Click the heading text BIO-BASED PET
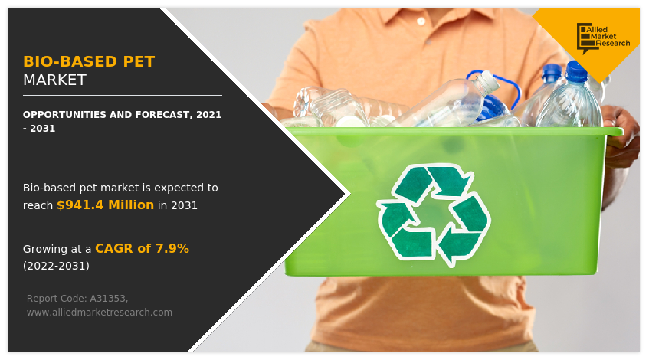pos(89,61)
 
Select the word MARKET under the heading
pos(54,80)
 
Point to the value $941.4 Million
pos(105,205)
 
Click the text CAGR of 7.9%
pos(142,248)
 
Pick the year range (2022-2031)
pos(56,266)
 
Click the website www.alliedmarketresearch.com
pos(100,313)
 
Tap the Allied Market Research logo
pos(602,38)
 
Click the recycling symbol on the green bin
pos(434,214)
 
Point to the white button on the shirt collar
pos(421,21)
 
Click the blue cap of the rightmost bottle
pos(576,71)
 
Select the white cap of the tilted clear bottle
pos(490,80)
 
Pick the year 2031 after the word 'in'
pos(184,205)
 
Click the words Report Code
pos(56,299)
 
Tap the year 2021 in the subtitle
pos(209,115)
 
